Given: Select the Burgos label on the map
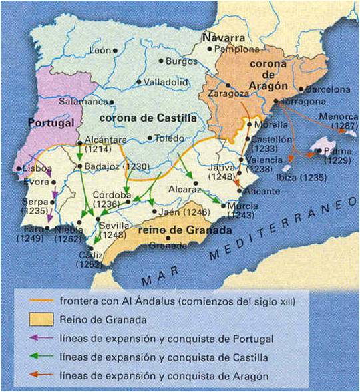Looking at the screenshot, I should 184,61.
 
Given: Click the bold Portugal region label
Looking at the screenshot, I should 50,124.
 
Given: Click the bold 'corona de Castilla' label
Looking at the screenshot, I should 148,117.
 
